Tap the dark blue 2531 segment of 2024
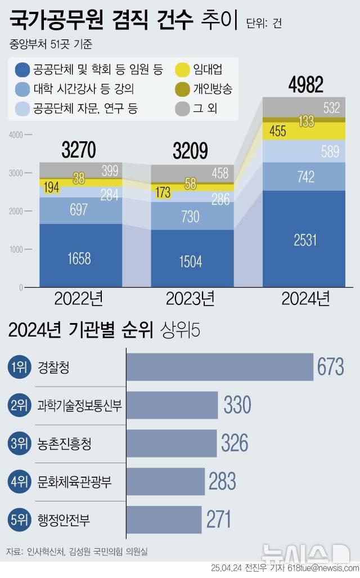[x=304, y=240]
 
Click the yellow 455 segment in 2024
[x=277, y=131]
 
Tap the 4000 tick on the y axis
[x=16, y=135]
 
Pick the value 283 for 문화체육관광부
[x=222, y=482]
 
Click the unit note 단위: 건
[x=264, y=23]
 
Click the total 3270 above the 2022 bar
[x=79, y=150]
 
